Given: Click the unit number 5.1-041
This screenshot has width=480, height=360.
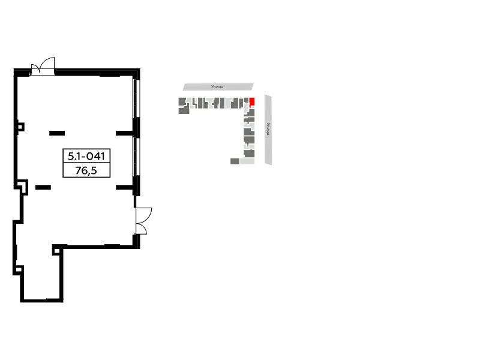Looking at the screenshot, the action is [x=86, y=156].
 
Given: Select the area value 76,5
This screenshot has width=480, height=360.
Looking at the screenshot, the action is [x=86, y=170].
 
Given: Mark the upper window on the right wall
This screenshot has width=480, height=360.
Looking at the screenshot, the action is [x=137, y=98].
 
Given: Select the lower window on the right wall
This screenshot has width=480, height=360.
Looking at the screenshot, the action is [x=137, y=157].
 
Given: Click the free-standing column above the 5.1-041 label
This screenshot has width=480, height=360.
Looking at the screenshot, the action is [x=57, y=133].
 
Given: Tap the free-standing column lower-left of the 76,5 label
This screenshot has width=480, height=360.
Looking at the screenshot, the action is [x=43, y=187].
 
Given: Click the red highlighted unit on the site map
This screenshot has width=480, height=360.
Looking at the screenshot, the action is [x=252, y=101].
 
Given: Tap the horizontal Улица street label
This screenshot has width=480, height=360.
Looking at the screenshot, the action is [x=217, y=87].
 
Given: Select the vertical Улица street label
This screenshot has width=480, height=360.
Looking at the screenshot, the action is [x=268, y=129].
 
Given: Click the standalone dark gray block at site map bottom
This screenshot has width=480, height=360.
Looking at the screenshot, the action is [x=235, y=161].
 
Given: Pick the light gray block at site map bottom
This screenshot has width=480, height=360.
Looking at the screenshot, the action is [x=247, y=161].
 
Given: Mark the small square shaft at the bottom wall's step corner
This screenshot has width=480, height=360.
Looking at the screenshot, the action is [x=56, y=251].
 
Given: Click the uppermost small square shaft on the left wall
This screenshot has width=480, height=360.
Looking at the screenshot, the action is [x=21, y=127].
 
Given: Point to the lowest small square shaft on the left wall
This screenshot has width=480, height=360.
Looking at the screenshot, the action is [x=19, y=269].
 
